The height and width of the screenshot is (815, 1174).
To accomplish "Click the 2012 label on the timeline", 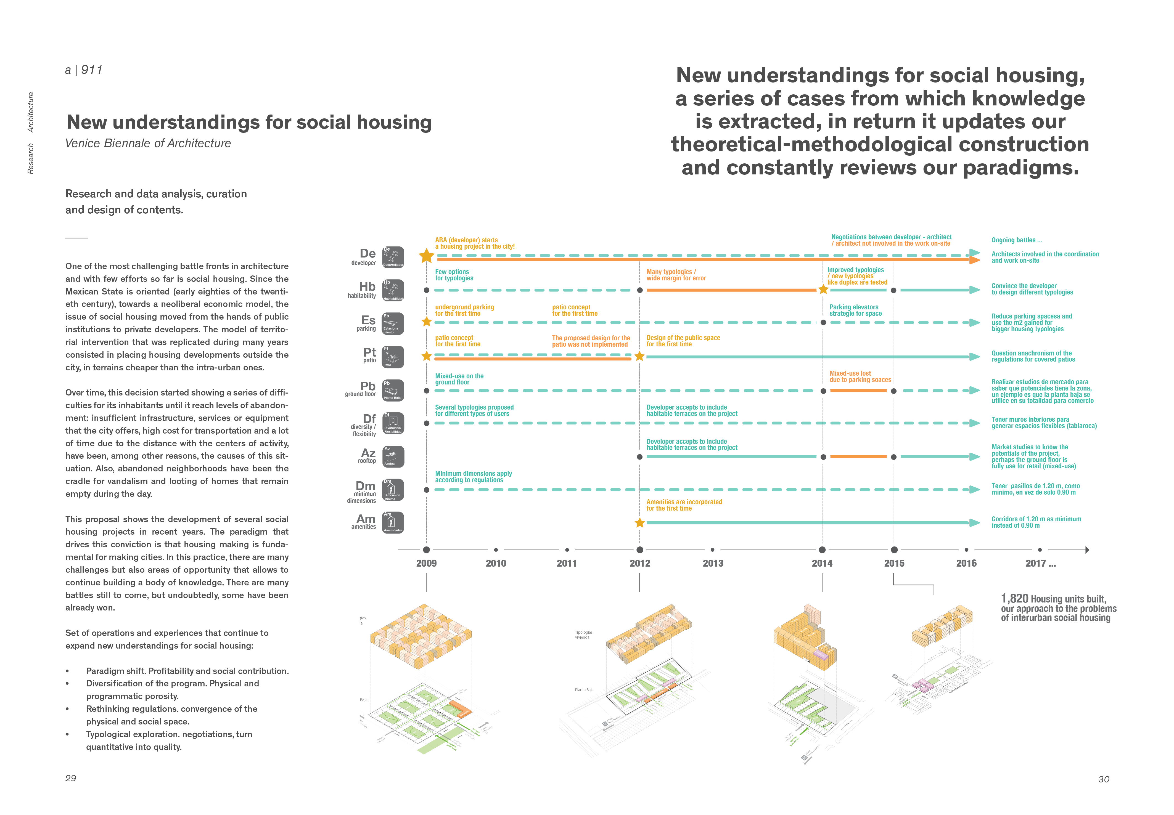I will coord(639,563).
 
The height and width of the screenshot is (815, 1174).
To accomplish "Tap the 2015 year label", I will coord(893,563).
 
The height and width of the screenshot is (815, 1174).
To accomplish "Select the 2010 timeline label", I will coord(496,563).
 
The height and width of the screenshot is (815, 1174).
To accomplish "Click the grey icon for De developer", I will coord(393,257).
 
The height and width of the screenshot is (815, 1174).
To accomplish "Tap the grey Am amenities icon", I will coord(393,522).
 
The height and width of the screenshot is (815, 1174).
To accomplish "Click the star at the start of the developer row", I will coord(426,256).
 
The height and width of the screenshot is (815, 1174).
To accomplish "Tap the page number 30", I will coord(1104,779).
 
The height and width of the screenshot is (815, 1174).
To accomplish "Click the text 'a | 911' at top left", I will coord(84,70).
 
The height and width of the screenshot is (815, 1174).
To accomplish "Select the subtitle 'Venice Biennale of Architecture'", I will coord(148,144).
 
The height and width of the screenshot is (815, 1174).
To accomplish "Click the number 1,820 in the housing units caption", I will coord(1014,598).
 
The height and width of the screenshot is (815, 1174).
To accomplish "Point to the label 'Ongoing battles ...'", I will coord(1016,240).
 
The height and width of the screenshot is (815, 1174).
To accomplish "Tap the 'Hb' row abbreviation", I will coord(367,286).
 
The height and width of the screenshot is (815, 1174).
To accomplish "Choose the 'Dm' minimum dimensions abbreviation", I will coord(365,486).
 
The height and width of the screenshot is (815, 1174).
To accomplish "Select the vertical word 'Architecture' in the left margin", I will coord(31,112).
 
